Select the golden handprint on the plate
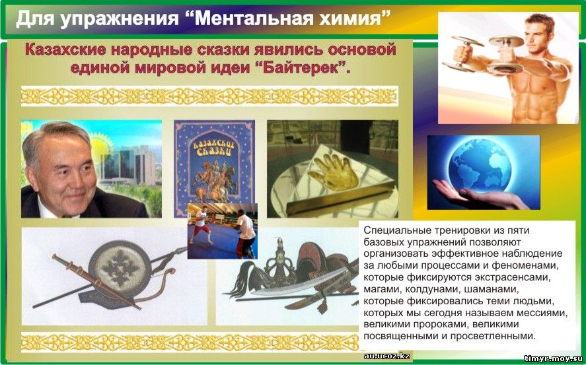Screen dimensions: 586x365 333,173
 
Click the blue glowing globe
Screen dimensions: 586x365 480,164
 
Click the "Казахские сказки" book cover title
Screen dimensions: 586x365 213,149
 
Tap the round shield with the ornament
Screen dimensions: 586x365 120,265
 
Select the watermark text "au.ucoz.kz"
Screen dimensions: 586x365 386,356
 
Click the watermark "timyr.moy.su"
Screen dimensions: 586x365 554,358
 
